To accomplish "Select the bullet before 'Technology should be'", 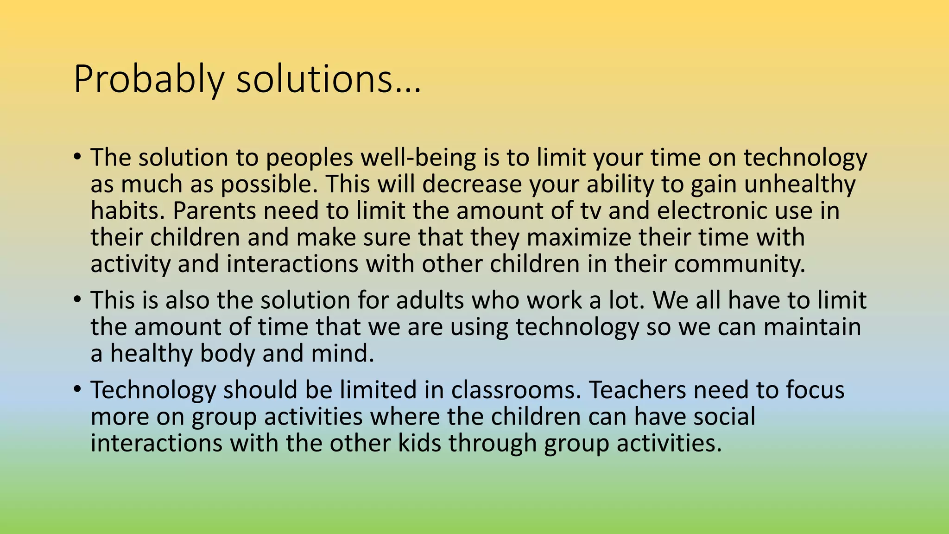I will pyautogui.click(x=77, y=389).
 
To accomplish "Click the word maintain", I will pyautogui.click(x=812, y=327).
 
